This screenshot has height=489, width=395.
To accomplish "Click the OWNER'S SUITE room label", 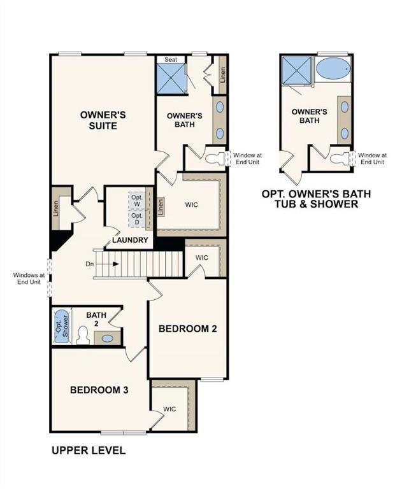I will click(103, 120).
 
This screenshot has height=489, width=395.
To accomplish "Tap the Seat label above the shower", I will click(171, 59).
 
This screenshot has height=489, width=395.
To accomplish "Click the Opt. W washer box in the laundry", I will click(137, 200).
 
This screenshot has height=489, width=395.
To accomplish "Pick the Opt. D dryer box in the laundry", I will click(137, 218).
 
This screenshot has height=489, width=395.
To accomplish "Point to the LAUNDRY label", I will click(130, 240).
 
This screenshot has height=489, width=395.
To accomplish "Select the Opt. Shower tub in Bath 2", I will click(61, 326).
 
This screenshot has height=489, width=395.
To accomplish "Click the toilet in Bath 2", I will click(83, 335).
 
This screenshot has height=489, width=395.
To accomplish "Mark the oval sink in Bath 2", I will click(108, 339).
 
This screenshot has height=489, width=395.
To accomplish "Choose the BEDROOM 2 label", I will click(188, 329).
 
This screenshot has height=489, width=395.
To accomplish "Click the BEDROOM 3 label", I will click(99, 390).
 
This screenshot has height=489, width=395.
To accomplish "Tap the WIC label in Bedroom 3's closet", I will click(169, 409).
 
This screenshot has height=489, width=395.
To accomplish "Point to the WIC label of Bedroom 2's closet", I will click(202, 258).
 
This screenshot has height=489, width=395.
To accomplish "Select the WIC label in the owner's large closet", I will click(192, 206).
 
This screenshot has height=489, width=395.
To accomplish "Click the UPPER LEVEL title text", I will click(88, 451).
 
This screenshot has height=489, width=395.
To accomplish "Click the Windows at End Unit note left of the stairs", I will click(29, 279).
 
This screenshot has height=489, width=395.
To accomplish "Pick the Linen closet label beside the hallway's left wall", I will click(56, 207).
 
